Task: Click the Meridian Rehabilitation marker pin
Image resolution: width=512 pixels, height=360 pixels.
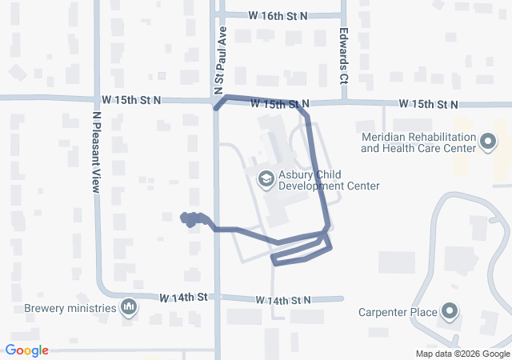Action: coord(489,142)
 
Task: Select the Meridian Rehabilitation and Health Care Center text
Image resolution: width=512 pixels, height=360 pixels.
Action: coord(418,142)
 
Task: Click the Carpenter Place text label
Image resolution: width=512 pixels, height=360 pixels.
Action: coord(397,312)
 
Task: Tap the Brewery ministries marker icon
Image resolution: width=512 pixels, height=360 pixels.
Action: coord(129,307)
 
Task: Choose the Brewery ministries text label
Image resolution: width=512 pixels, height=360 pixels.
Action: coord(70,307)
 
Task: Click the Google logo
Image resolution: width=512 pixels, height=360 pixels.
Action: coord(27,350)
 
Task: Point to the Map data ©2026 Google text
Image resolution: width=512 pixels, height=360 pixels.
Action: coord(462,354)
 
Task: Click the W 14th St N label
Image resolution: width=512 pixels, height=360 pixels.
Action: coord(283,300)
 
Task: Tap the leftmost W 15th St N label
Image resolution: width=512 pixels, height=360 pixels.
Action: coord(131,99)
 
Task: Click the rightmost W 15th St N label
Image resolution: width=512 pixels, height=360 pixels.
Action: coord(428,105)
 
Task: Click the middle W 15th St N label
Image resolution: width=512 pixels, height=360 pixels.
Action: coord(279,104)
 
